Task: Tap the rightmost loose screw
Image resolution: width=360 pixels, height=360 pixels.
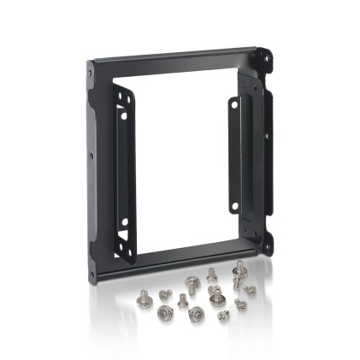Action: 250,290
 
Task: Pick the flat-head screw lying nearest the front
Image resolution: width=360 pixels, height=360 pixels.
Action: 223,316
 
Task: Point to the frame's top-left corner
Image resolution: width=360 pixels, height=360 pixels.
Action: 92,68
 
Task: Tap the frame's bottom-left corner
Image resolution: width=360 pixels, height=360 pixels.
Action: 92,275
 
